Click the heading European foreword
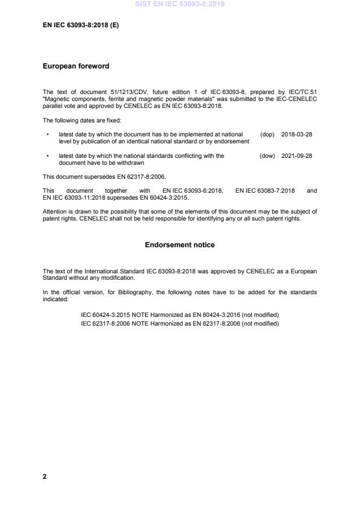[76, 66]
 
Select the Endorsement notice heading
[179, 245]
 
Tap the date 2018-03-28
[297, 134]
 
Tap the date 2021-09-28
[297, 156]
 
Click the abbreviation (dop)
[267, 134]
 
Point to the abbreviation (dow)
[267, 156]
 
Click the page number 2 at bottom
[45, 476]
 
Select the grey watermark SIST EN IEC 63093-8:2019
[179, 4]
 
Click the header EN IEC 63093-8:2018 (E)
[81, 26]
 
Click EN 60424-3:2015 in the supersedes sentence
[162, 196]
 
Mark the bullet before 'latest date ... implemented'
[47, 134]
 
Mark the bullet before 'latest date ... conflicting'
[47, 156]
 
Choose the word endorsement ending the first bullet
[232, 142]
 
